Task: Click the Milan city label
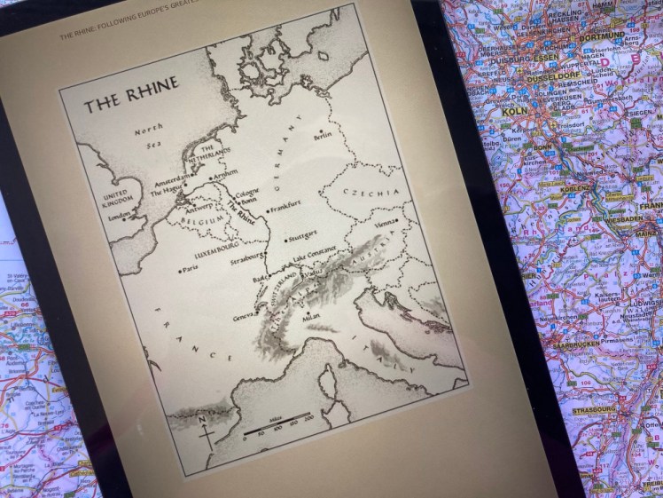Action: (x=312, y=315)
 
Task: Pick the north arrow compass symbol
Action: (x=207, y=431)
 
